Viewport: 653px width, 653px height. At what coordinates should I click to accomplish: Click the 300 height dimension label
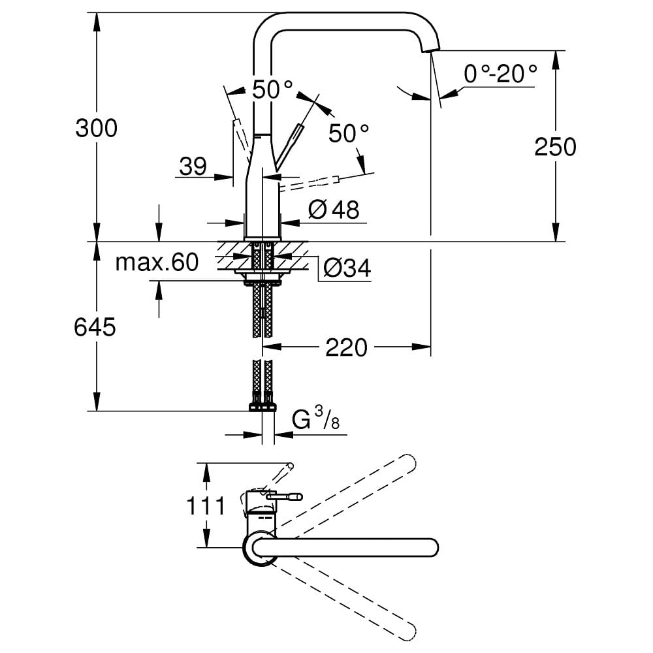point(97,128)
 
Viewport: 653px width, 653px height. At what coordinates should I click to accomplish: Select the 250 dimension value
point(555,147)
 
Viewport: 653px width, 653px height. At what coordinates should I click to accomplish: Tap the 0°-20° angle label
point(500,74)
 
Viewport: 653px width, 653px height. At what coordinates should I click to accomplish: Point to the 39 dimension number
point(193,167)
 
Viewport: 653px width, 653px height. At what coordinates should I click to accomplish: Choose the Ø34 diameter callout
point(347,267)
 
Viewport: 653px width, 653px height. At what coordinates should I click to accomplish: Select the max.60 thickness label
point(156,263)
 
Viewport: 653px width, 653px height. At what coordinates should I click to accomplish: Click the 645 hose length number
point(95,327)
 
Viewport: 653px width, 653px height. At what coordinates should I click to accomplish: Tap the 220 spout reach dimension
point(346,347)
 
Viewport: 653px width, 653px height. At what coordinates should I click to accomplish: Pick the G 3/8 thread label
point(316,419)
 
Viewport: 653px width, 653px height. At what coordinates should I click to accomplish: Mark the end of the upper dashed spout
point(408,460)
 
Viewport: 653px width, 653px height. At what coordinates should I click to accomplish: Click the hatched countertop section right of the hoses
point(293,255)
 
